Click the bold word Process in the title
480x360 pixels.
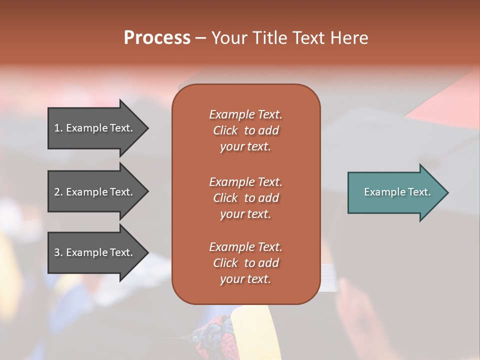[157, 38]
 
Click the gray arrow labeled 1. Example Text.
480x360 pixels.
[93, 128]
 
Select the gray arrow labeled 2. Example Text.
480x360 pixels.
[93, 192]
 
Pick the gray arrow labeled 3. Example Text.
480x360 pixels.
[93, 252]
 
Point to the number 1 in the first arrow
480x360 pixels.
[57, 128]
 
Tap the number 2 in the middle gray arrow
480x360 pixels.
[57, 192]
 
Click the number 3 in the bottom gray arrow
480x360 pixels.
[57, 252]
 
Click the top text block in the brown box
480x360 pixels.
[245, 130]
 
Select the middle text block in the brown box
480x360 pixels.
[245, 198]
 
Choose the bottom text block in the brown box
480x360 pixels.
[245, 263]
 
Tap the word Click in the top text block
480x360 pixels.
[225, 130]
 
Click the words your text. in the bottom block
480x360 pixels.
[245, 279]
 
